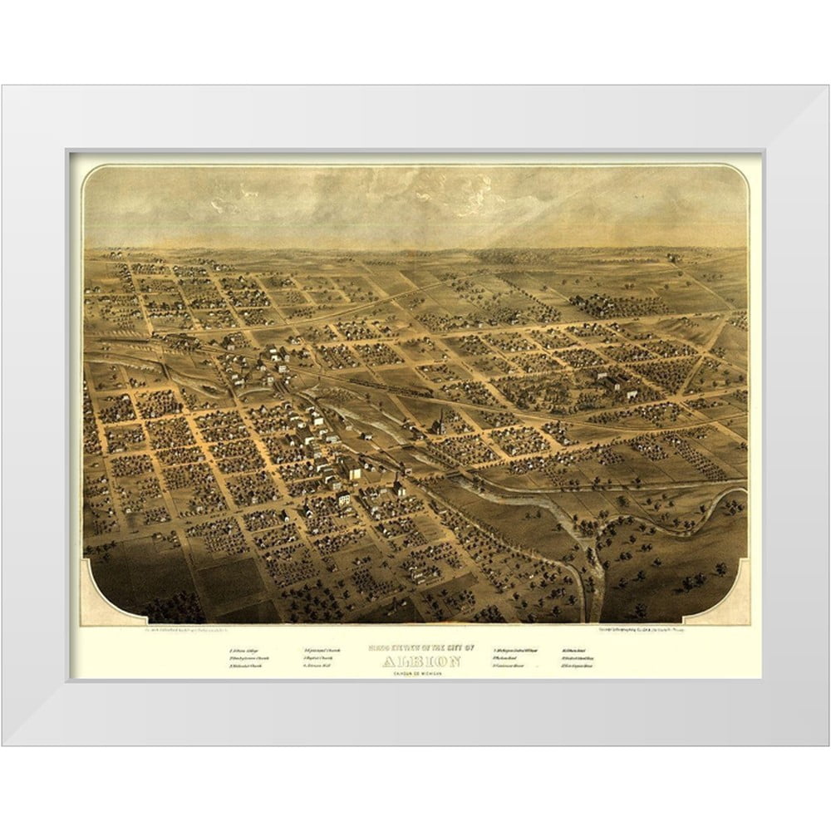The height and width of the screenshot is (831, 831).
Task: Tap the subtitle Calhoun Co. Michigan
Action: click(413, 672)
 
